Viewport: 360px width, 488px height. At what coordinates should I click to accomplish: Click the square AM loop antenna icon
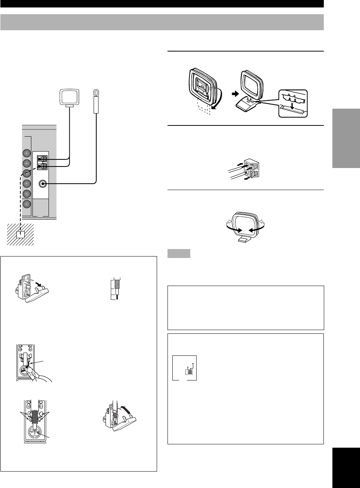(x=69, y=97)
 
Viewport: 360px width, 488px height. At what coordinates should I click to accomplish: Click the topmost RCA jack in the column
(x=26, y=153)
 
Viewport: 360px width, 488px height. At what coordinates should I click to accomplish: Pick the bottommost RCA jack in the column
(x=26, y=204)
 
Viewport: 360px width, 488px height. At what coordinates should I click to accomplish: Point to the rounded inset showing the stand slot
(x=293, y=103)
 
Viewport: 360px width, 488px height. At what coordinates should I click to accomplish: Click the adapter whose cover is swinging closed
(x=119, y=418)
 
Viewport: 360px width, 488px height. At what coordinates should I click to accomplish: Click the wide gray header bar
(x=162, y=22)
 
